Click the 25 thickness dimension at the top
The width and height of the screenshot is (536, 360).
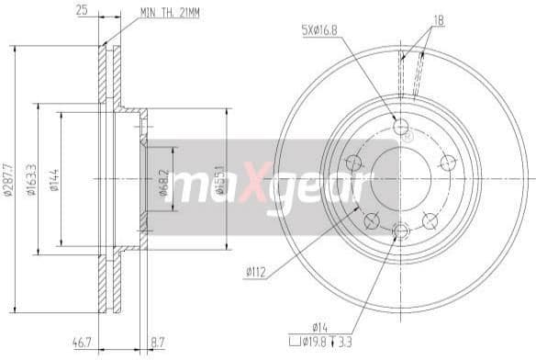pyautogui.click(x=83, y=10)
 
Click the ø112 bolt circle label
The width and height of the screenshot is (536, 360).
pyautogui.click(x=258, y=270)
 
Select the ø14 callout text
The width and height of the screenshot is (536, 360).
pyautogui.click(x=318, y=326)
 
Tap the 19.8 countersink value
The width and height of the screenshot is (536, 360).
pyautogui.click(x=316, y=343)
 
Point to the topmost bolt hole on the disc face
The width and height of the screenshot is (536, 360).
pyautogui.click(x=400, y=126)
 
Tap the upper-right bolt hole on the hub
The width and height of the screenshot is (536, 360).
pyautogui.click(x=449, y=163)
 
